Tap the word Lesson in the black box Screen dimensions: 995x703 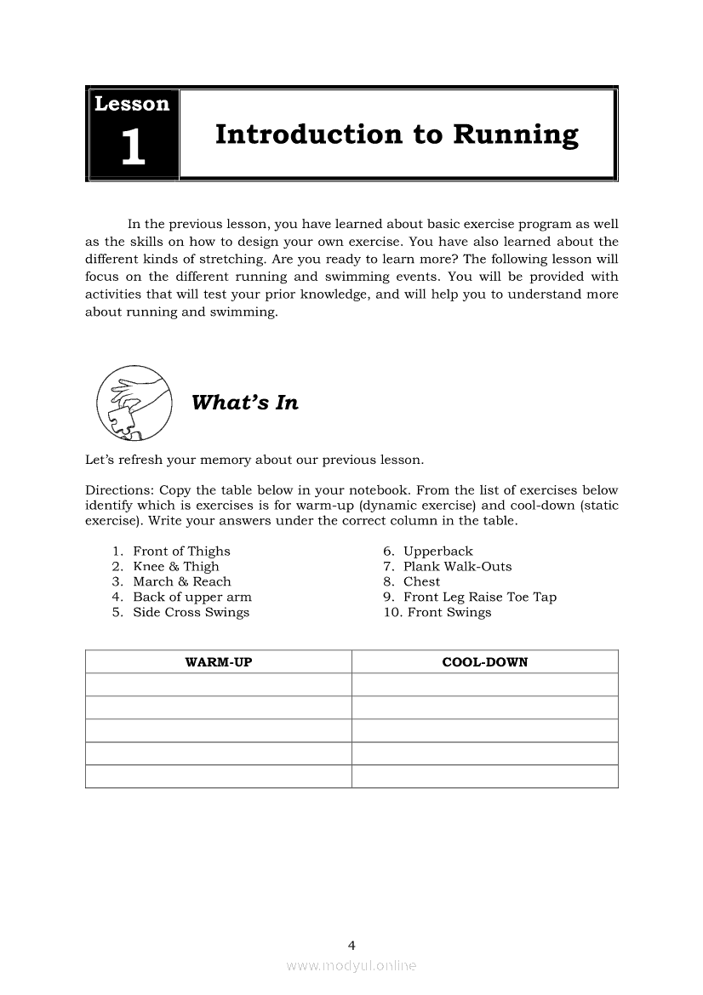pyautogui.click(x=132, y=104)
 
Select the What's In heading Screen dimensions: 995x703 pyautogui.click(x=245, y=403)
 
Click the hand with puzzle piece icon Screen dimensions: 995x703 pyautogui.click(x=134, y=400)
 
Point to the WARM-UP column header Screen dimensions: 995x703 pyautogui.click(x=219, y=661)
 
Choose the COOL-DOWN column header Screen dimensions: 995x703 pyautogui.click(x=485, y=661)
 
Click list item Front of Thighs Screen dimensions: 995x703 pyautogui.click(x=181, y=552)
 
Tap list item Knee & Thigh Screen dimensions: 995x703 pyautogui.click(x=176, y=567)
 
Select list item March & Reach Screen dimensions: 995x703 pyautogui.click(x=182, y=582)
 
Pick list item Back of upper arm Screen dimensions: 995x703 pyautogui.click(x=192, y=598)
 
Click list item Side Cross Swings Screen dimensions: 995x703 pyautogui.click(x=191, y=613)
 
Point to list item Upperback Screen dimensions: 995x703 pyautogui.click(x=437, y=552)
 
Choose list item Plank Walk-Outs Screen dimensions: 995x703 pyautogui.click(x=457, y=567)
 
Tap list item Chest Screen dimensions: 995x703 pyautogui.click(x=421, y=582)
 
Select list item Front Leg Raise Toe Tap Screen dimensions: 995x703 pyautogui.click(x=480, y=598)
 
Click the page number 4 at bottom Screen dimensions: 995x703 pyautogui.click(x=351, y=945)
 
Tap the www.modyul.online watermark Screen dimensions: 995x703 pyautogui.click(x=351, y=966)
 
